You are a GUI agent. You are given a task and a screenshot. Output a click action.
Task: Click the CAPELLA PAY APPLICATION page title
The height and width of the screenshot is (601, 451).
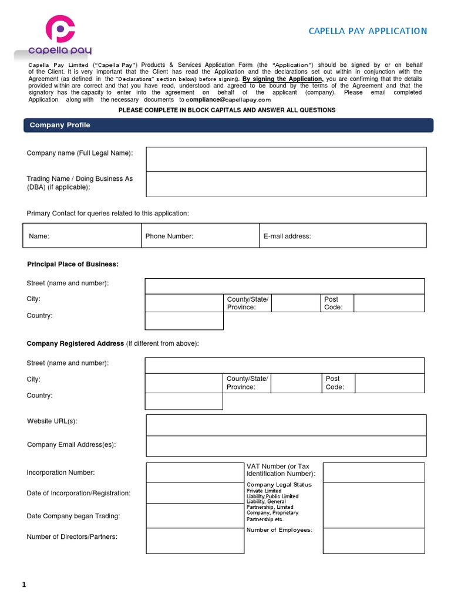point(368,31)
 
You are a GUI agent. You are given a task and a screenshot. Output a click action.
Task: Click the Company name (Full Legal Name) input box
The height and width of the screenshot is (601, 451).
point(286,159)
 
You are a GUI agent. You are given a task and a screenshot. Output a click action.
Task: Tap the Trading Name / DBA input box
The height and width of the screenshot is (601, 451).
point(286,184)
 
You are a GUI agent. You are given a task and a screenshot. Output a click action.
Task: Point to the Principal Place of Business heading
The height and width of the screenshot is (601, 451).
point(73,265)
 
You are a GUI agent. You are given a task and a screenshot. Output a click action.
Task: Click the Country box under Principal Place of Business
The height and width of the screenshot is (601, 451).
point(184,321)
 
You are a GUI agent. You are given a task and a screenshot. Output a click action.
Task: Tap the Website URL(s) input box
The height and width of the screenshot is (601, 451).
point(286,425)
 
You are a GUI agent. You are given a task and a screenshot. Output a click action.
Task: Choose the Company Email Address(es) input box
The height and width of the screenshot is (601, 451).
point(286,446)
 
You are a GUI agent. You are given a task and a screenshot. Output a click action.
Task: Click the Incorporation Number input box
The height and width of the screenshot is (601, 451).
point(195,472)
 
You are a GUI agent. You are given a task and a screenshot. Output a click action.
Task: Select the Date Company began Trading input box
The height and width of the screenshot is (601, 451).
point(195,516)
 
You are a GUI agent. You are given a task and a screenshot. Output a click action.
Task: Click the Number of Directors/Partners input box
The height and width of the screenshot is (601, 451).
point(195,541)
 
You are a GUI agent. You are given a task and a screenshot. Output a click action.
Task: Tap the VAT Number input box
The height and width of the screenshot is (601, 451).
point(373,472)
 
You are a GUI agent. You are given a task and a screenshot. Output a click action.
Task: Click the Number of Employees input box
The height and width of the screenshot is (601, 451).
point(373,541)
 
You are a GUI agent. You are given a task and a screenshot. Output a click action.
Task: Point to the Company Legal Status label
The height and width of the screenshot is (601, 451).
point(279,485)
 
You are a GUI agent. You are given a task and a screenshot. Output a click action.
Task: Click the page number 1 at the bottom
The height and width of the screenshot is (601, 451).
point(24,585)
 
